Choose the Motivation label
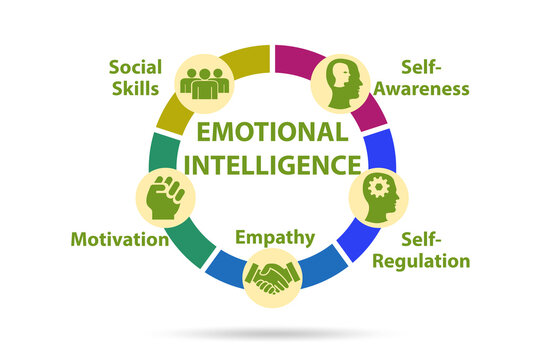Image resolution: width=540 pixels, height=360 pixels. [x=119, y=239]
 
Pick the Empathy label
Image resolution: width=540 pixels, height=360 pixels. [x=275, y=237]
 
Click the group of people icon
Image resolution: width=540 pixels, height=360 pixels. [x=205, y=82]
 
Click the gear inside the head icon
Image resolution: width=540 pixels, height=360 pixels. [x=377, y=188]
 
